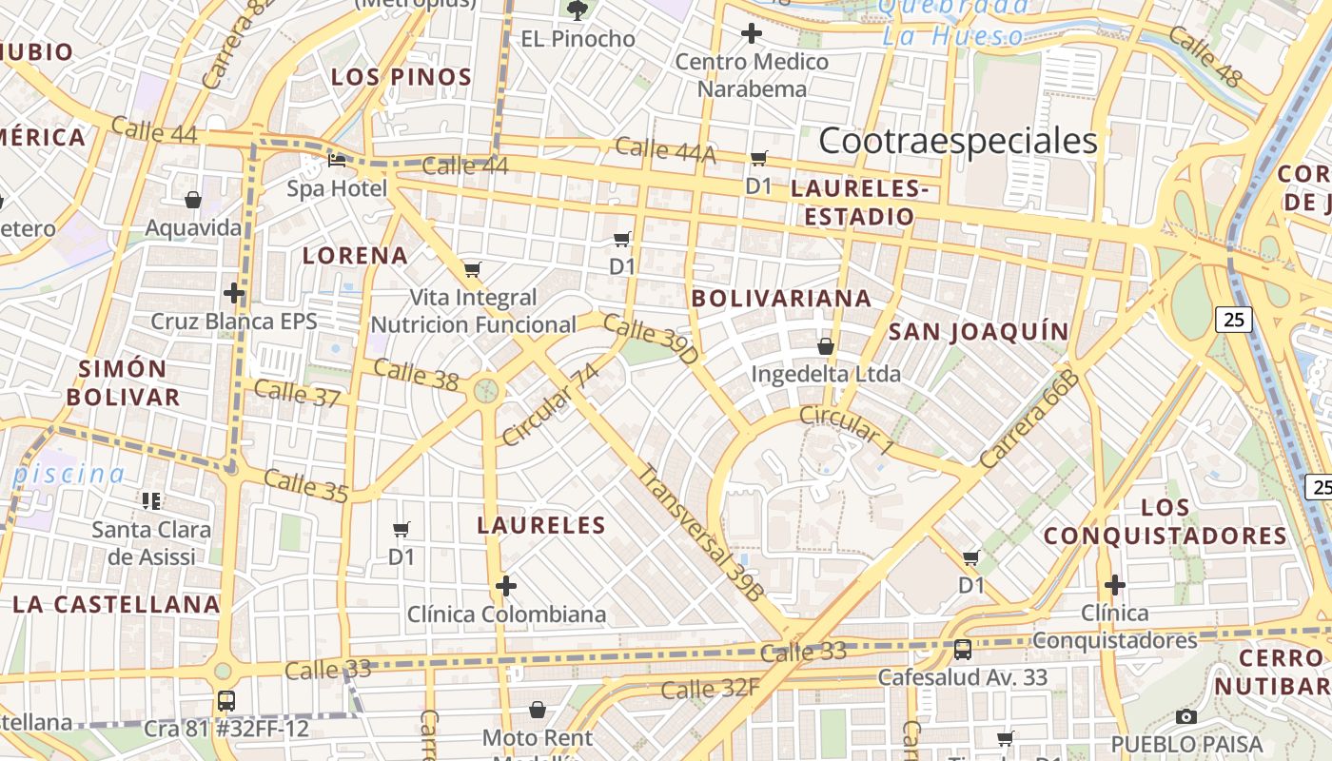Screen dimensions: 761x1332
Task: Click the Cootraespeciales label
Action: (x=957, y=141)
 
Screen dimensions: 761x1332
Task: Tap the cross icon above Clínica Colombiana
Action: (x=506, y=585)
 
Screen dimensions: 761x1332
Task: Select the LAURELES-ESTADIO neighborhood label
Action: (x=859, y=203)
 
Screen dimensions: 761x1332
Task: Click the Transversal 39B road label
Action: (x=700, y=534)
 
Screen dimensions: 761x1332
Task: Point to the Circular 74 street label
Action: (x=551, y=404)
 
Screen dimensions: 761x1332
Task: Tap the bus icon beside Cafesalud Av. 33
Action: (x=963, y=650)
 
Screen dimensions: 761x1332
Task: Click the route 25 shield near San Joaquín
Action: (x=1233, y=320)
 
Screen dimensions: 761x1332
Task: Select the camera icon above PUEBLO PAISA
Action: (x=1185, y=716)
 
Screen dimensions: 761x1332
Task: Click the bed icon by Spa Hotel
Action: (x=337, y=161)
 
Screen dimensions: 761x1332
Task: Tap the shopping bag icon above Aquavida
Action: (x=193, y=200)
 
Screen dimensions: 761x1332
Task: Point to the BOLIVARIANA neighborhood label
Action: (x=781, y=299)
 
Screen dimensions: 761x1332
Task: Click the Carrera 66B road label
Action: (x=1029, y=420)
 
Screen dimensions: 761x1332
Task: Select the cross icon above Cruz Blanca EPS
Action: (x=234, y=292)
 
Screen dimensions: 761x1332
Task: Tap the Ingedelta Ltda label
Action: (x=826, y=374)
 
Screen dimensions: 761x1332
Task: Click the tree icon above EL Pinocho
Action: (x=577, y=10)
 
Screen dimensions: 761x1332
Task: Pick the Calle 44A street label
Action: (x=664, y=149)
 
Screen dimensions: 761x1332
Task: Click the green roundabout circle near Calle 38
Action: (x=486, y=390)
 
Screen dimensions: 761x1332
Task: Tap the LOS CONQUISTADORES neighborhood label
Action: (x=1165, y=522)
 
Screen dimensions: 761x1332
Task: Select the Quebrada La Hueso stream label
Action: (x=953, y=22)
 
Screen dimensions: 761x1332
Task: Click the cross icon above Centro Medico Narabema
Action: (x=752, y=34)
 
